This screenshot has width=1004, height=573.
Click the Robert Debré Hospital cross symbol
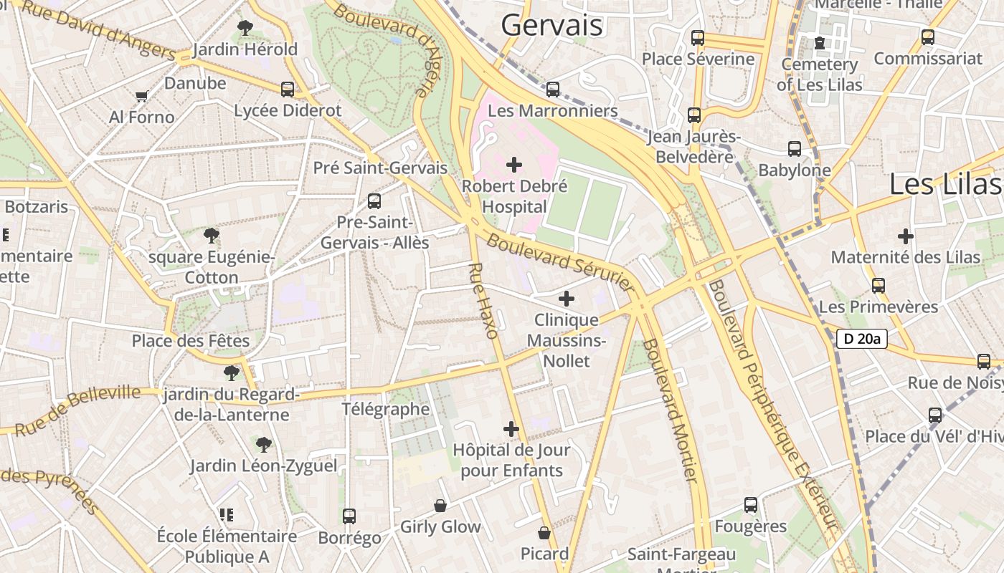click(x=514, y=165)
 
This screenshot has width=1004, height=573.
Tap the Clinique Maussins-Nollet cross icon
click(x=567, y=299)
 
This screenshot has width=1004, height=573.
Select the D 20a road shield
click(x=862, y=339)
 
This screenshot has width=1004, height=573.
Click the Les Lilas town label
click(x=944, y=184)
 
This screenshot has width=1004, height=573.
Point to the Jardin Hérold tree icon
click(x=245, y=28)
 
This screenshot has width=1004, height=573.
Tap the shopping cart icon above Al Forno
click(x=142, y=96)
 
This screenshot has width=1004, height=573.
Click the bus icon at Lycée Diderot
click(x=288, y=90)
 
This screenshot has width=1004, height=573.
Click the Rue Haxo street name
click(x=482, y=300)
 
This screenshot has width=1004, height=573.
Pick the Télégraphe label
click(x=385, y=409)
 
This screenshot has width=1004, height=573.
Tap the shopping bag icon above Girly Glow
click(x=440, y=506)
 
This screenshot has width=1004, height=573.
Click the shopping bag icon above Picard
click(x=544, y=533)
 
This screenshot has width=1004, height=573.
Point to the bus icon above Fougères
click(x=751, y=505)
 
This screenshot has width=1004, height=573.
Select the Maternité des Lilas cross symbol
click(x=906, y=236)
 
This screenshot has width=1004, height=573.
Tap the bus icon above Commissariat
click(x=928, y=37)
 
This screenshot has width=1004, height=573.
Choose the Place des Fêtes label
click(x=191, y=340)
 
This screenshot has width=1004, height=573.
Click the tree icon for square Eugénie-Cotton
click(x=212, y=235)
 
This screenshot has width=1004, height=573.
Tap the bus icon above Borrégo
click(x=349, y=516)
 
